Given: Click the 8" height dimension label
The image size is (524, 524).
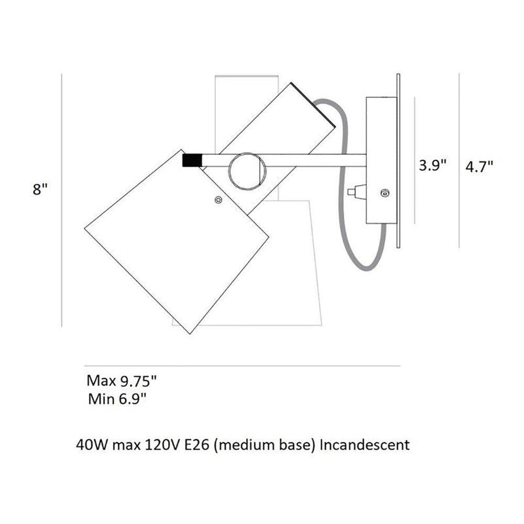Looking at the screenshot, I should [40, 190].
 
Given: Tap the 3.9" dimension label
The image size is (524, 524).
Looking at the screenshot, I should [432, 166].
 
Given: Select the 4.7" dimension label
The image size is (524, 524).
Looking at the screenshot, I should [479, 166].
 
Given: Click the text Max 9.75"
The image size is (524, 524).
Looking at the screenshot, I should [122, 380].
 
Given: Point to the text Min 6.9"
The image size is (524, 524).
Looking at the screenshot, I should [117, 399].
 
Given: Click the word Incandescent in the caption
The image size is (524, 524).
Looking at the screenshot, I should [364, 445].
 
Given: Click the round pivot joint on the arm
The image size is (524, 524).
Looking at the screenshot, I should [247, 171].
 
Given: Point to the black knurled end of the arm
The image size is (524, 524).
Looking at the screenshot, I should [192, 160].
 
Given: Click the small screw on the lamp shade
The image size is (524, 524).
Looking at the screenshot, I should [219, 199].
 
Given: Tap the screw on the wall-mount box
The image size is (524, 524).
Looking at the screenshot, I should [386, 193].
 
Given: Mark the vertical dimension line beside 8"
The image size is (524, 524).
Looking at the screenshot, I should [62, 199].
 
